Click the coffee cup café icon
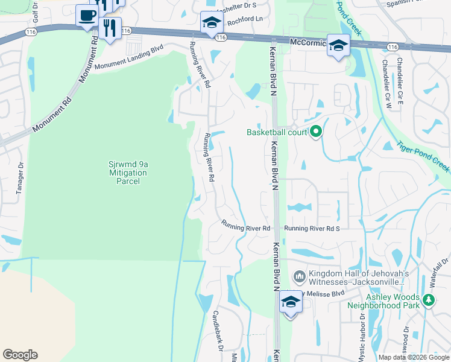(x=87, y=15)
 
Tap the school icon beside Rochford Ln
(x=212, y=23)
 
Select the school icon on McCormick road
(x=338, y=45)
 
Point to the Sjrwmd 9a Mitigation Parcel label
(x=127, y=172)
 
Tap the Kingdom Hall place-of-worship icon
(x=299, y=277)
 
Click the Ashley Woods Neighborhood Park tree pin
(x=428, y=299)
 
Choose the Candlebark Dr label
(x=218, y=332)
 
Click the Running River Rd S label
(x=312, y=229)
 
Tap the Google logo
(x=20, y=355)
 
